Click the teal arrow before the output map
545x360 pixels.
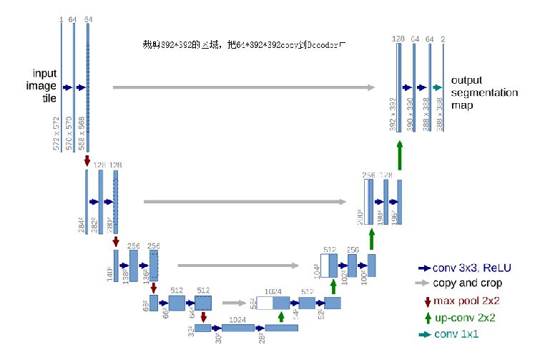[x=437, y=87]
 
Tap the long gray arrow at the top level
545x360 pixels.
[x=243, y=87]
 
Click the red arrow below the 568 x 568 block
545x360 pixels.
[x=87, y=160]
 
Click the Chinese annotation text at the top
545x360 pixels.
[x=243, y=45]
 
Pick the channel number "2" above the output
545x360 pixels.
[x=443, y=39]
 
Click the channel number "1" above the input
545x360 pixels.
[x=62, y=19]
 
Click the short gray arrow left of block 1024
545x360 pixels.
[x=234, y=302]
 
